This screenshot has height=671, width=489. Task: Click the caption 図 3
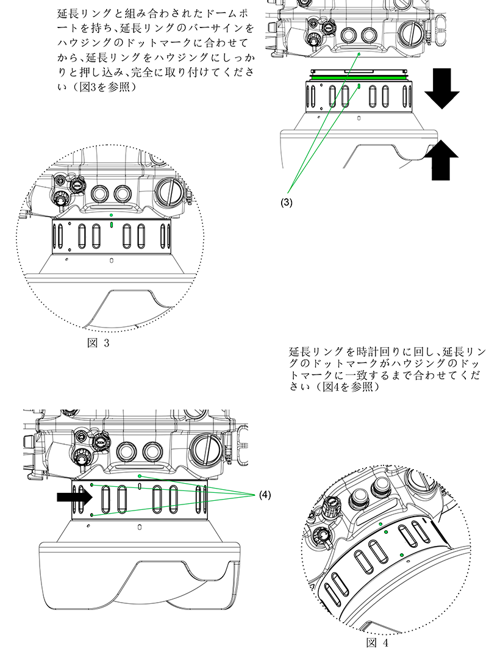[x=98, y=343]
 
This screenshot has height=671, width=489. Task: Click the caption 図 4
[x=377, y=643]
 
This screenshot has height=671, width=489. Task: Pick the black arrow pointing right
[x=74, y=497]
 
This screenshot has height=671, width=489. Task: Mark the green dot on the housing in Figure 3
[x=110, y=215]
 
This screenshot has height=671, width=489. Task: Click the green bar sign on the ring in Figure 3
[x=110, y=224]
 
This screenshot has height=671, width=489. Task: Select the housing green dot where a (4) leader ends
[x=140, y=475]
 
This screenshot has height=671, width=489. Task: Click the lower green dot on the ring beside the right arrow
[x=91, y=515]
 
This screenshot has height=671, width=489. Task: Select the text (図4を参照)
[x=344, y=387]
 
